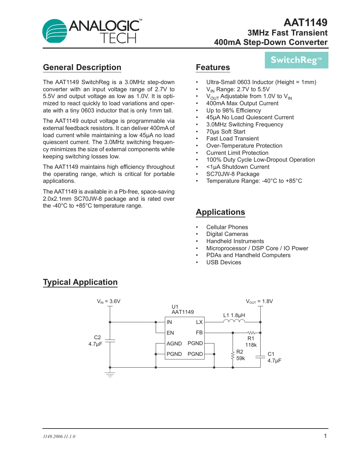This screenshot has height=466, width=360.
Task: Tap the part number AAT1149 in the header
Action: tap(305, 22)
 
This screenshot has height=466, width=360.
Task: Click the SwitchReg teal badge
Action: tap(296, 60)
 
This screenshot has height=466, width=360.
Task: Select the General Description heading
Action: tap(82, 67)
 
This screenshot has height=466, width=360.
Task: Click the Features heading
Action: tap(213, 67)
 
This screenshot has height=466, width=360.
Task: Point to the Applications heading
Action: tap(220, 212)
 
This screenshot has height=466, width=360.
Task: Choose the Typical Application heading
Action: tap(80, 282)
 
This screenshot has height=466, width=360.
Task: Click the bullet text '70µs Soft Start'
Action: tap(225, 132)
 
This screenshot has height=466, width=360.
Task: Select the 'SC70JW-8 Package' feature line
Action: tap(233, 174)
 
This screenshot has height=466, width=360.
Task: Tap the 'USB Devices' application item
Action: tap(223, 262)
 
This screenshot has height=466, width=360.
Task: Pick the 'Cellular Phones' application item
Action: tap(227, 227)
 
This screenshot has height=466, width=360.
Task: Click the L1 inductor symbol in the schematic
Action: tap(234, 321)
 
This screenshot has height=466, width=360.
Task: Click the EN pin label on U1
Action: tap(170, 333)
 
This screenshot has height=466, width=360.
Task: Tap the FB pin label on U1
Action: tap(199, 332)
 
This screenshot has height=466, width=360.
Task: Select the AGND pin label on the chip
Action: tap(174, 343)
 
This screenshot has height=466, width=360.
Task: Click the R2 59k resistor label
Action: tap(240, 355)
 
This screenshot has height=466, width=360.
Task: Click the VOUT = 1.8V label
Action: tap(259, 301)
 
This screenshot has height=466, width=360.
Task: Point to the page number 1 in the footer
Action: tap(325, 436)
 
